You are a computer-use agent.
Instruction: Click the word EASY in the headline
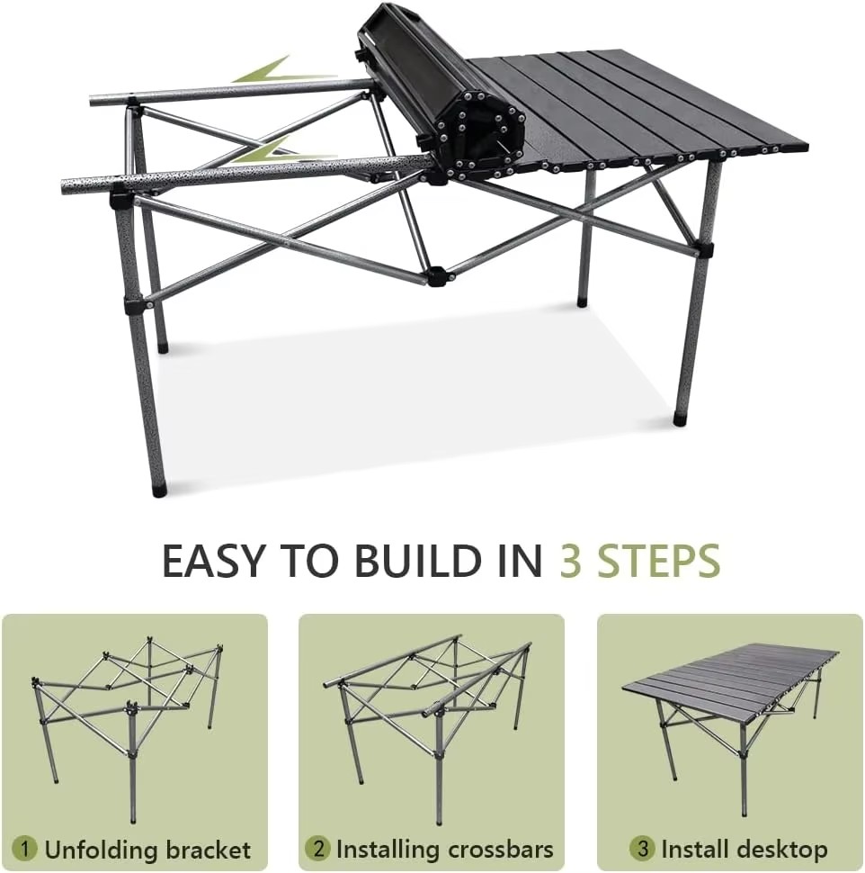(212, 561)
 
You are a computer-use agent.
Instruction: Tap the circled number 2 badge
(317, 849)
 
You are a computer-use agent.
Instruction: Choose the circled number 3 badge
(643, 849)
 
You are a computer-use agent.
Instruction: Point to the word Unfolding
(95, 850)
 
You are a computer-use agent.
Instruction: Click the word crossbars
(501, 850)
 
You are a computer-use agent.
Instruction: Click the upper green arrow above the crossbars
(284, 71)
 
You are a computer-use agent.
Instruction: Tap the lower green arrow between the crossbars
(284, 151)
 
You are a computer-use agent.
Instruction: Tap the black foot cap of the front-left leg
(160, 491)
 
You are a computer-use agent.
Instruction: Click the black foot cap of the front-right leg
(679, 418)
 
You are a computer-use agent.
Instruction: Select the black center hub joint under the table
(437, 276)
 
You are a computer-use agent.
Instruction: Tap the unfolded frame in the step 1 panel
(128, 724)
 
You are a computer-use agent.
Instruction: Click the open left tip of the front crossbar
(65, 186)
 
